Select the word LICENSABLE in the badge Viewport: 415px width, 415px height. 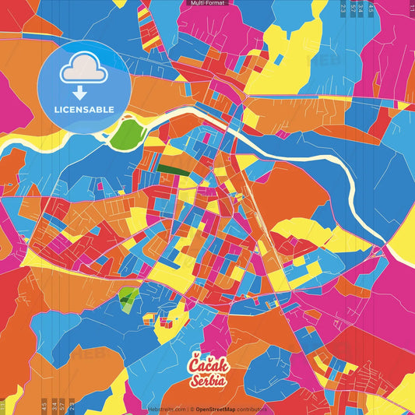(84, 109)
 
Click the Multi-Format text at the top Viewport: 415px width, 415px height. (206, 4)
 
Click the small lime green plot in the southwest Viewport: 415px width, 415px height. (128, 297)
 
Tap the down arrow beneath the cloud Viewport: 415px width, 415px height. (80, 92)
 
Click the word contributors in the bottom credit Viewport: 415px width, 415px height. (251, 408)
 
